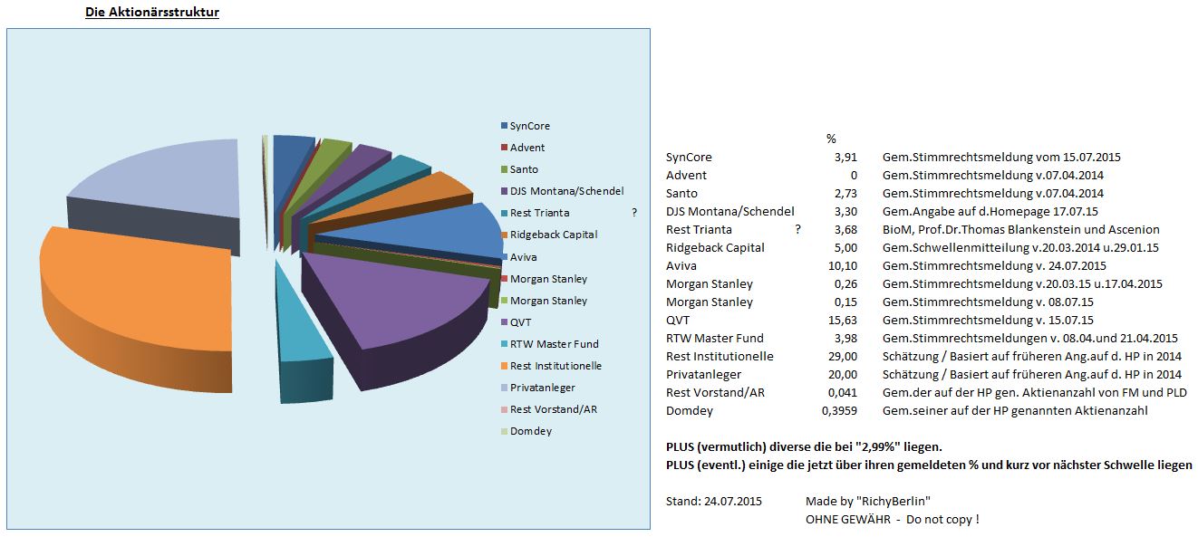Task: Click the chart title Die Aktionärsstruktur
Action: (151, 13)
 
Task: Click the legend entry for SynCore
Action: (529, 126)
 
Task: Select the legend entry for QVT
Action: (520, 321)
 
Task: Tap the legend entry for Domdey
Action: (530, 431)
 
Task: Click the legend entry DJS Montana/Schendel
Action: (566, 191)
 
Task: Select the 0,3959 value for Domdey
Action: (838, 410)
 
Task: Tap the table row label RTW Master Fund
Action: (714, 338)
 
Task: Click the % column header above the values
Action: (831, 139)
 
